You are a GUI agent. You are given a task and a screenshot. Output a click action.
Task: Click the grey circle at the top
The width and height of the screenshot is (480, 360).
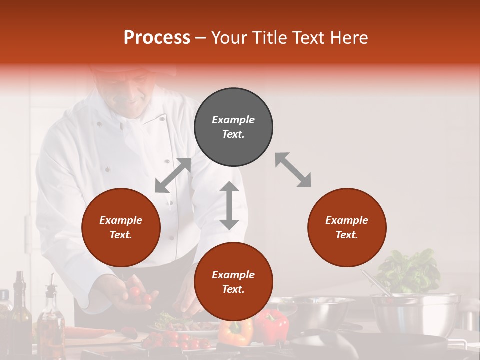tap(233, 127)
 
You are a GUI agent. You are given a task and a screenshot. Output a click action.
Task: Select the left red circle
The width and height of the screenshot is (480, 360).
tap(121, 228)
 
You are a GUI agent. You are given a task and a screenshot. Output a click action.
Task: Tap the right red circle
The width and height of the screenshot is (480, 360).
tap(347, 228)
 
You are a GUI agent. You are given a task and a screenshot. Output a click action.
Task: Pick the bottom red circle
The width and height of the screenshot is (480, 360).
tap(233, 282)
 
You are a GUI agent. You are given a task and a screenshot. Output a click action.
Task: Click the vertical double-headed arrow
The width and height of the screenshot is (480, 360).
tap(229, 205)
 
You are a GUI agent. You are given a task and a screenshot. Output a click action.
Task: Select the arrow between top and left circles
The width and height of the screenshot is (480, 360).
tap(173, 175)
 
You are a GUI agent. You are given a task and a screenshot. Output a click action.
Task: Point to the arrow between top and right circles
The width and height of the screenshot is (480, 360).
tap(293, 170)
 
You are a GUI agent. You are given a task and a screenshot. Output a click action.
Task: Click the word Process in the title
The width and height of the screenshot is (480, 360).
tap(157, 37)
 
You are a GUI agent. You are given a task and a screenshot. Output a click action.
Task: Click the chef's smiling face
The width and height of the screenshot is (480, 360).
tap(131, 92)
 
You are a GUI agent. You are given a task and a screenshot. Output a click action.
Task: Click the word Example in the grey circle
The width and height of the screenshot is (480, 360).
tap(233, 120)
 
